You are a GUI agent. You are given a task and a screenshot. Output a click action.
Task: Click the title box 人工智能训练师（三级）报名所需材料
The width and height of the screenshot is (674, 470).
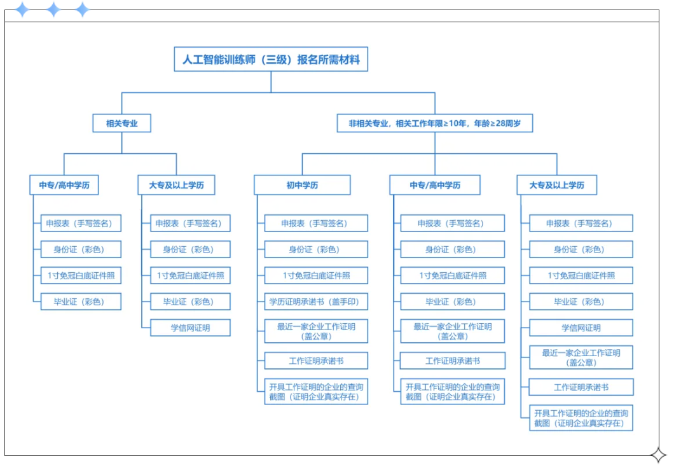[271, 60]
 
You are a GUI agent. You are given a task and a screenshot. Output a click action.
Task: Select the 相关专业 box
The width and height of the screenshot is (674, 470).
[122, 123]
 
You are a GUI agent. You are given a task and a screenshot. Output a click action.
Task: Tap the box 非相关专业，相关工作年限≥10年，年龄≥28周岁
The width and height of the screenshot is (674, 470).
[435, 123]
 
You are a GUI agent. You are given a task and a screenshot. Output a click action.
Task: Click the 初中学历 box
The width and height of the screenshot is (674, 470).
[302, 185]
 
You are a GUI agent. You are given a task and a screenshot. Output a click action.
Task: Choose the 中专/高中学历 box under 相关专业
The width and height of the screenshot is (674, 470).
[64, 185]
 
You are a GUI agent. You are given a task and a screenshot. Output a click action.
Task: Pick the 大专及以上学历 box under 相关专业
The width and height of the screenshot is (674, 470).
[177, 185]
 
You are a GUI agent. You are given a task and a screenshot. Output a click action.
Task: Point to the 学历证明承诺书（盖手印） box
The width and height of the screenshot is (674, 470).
[316, 301]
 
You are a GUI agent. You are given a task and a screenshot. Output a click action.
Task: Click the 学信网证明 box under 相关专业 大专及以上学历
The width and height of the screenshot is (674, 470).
[190, 328]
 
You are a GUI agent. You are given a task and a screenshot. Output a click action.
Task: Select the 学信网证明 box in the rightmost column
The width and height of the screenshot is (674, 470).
[581, 328]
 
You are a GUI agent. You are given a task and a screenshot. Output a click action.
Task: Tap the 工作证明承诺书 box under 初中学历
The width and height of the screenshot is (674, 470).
[316, 361]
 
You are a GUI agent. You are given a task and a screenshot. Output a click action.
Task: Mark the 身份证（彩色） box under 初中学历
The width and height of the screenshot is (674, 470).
[316, 249]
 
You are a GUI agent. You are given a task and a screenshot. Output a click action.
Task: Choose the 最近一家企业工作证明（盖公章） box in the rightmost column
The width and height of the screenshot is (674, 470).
[581, 357]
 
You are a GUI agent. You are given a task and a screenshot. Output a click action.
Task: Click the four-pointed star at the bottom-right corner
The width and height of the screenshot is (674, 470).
[658, 455]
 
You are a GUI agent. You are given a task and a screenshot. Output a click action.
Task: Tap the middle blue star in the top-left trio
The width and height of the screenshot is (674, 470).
[53, 10]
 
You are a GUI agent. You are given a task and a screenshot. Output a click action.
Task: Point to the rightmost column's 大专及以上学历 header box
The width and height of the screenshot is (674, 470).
[557, 185]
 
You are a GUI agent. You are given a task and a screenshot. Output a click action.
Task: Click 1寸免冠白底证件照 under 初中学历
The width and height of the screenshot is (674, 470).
[316, 275]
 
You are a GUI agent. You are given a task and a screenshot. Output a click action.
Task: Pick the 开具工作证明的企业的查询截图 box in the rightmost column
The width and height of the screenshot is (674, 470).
[581, 417]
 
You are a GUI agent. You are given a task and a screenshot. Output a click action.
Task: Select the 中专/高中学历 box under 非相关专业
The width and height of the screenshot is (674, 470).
[435, 185]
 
